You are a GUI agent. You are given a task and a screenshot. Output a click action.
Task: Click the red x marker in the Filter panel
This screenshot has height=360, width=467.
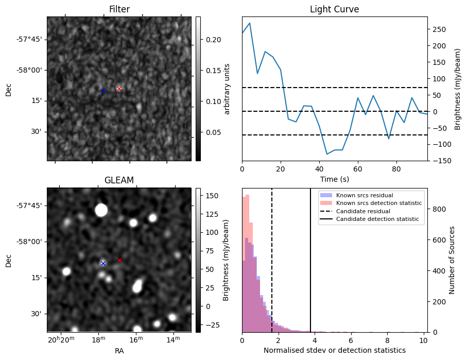click(x=119, y=89)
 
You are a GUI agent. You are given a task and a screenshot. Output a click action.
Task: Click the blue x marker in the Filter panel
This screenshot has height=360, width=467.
click(x=103, y=91)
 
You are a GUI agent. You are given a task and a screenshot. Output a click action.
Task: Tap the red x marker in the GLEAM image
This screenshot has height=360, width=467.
click(x=119, y=260)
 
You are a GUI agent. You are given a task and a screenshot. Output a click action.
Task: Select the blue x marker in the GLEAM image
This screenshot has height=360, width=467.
click(x=103, y=263)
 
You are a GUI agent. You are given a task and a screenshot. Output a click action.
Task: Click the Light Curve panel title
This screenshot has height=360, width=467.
click(x=334, y=9)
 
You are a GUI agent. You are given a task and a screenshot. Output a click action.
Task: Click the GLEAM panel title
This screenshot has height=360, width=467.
click(x=119, y=180)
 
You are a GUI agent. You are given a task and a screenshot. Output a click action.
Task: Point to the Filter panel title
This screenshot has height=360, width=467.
click(x=119, y=9)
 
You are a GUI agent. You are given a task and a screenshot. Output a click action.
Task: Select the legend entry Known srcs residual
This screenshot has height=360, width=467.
click(x=365, y=195)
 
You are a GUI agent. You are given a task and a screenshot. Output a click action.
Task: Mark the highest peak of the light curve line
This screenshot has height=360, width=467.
click(x=250, y=23)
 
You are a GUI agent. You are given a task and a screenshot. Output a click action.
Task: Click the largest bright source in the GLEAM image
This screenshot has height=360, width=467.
click(x=101, y=210)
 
